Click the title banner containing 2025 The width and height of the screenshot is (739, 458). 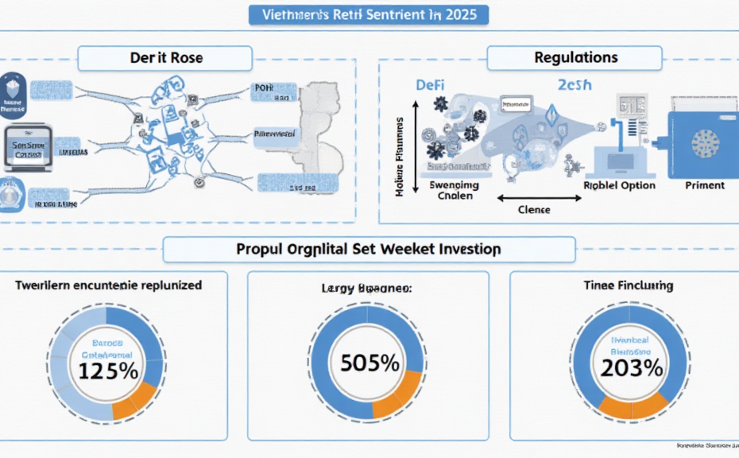click(369, 14)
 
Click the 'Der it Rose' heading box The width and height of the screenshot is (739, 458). click(165, 58)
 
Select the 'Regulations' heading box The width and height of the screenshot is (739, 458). click(574, 58)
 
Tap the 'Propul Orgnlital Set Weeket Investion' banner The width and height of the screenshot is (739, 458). click(369, 249)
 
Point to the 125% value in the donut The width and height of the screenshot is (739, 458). click(109, 371)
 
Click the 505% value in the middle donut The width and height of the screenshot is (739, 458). click(369, 363)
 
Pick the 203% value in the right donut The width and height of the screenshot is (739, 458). click(632, 367)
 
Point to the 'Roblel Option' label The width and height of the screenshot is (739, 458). click(619, 185)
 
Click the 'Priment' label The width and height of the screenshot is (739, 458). click(704, 185)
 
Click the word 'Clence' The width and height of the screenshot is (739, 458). click(533, 210)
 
